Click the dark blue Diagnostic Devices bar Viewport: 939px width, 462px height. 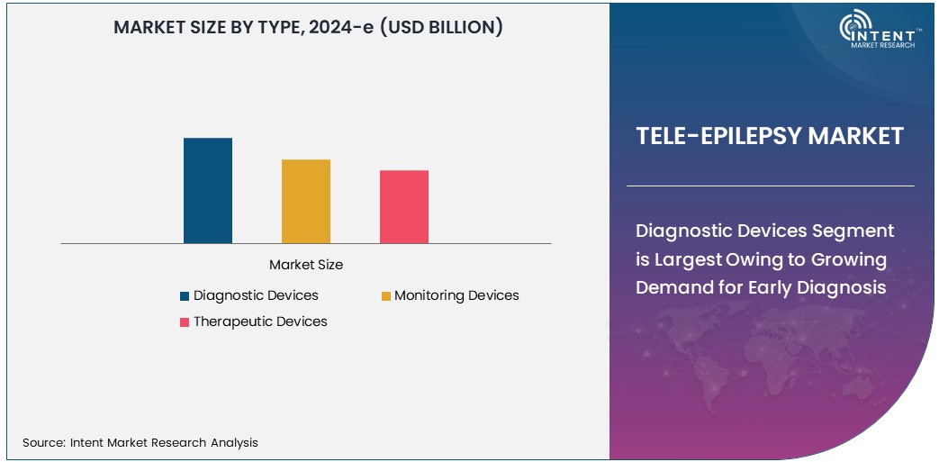[208, 190]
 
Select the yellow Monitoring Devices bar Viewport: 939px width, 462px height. [306, 201]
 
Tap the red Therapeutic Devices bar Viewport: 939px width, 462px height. [404, 206]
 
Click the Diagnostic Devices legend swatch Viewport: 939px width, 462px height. [185, 296]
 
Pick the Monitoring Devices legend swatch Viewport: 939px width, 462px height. [385, 296]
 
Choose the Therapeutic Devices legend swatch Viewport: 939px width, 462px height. [185, 322]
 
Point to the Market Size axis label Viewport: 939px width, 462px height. [306, 266]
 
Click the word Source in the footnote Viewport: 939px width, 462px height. [42, 442]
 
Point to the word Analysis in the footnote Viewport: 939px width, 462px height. [234, 442]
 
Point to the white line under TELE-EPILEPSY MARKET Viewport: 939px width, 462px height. [770, 186]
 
